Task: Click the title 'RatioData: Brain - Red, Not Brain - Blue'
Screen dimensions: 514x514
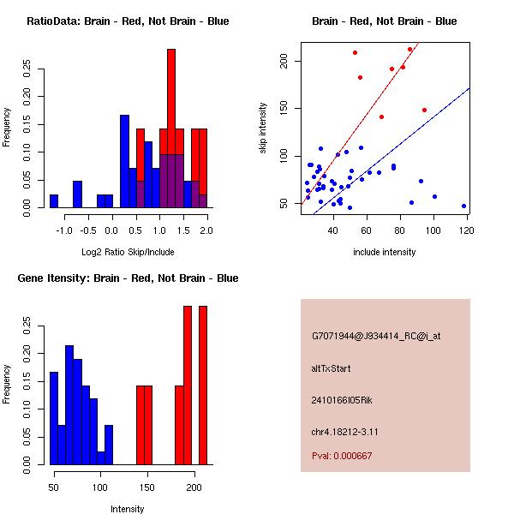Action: coord(128,21)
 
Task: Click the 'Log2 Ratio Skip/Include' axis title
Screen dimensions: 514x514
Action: coord(128,252)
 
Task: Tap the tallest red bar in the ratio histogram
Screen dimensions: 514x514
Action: coord(171,128)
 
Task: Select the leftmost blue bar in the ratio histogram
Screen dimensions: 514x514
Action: coord(54,201)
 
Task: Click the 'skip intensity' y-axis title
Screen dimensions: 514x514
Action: coord(265,128)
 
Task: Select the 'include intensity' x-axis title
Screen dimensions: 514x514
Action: coord(385,252)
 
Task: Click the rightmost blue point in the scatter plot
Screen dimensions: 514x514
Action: coord(463,206)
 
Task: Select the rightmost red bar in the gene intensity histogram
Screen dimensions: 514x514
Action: coord(203,385)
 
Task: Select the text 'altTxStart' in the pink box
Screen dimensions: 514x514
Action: coord(332,368)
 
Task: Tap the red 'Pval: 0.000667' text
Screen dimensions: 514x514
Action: coord(342,456)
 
